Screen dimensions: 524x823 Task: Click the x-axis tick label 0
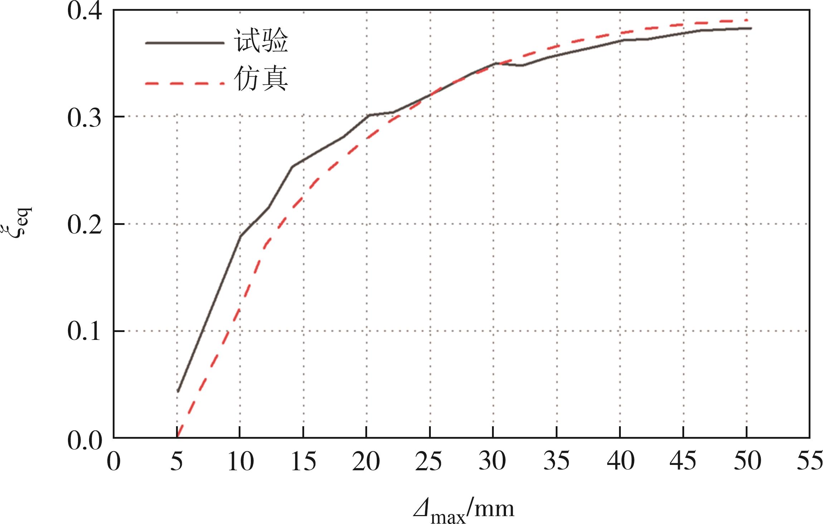[x=114, y=462]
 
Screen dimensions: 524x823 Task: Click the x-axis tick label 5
[x=176, y=462]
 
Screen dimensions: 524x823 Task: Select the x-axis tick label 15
[x=303, y=462]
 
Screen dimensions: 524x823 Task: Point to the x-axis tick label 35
[x=556, y=462]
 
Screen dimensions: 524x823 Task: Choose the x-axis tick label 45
[x=683, y=462]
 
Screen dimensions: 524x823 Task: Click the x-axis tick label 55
[x=809, y=462]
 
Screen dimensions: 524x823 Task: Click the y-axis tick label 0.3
[x=84, y=118]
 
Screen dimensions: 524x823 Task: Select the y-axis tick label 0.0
[x=84, y=440]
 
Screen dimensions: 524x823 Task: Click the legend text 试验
[x=261, y=42]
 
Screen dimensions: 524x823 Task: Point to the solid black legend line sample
[x=185, y=43]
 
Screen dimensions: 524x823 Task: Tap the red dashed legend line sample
[x=185, y=84]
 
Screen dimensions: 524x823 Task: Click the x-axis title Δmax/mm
[x=464, y=510]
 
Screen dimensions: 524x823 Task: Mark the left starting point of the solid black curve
[x=177, y=391]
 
